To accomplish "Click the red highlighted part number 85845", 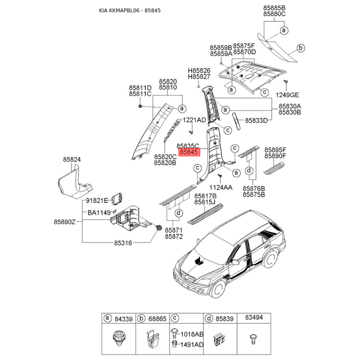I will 189,153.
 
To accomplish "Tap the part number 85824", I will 72,159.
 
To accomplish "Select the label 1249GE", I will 287,95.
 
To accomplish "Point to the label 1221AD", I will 194,120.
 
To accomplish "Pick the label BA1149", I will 99,212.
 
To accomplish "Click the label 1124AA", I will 220,187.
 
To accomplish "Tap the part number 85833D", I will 256,121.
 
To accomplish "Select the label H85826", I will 199,71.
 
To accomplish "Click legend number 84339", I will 123,319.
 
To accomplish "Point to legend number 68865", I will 157,319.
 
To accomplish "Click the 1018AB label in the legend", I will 192,334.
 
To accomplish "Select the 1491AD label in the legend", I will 192,344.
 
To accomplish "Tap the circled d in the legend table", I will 209,319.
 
